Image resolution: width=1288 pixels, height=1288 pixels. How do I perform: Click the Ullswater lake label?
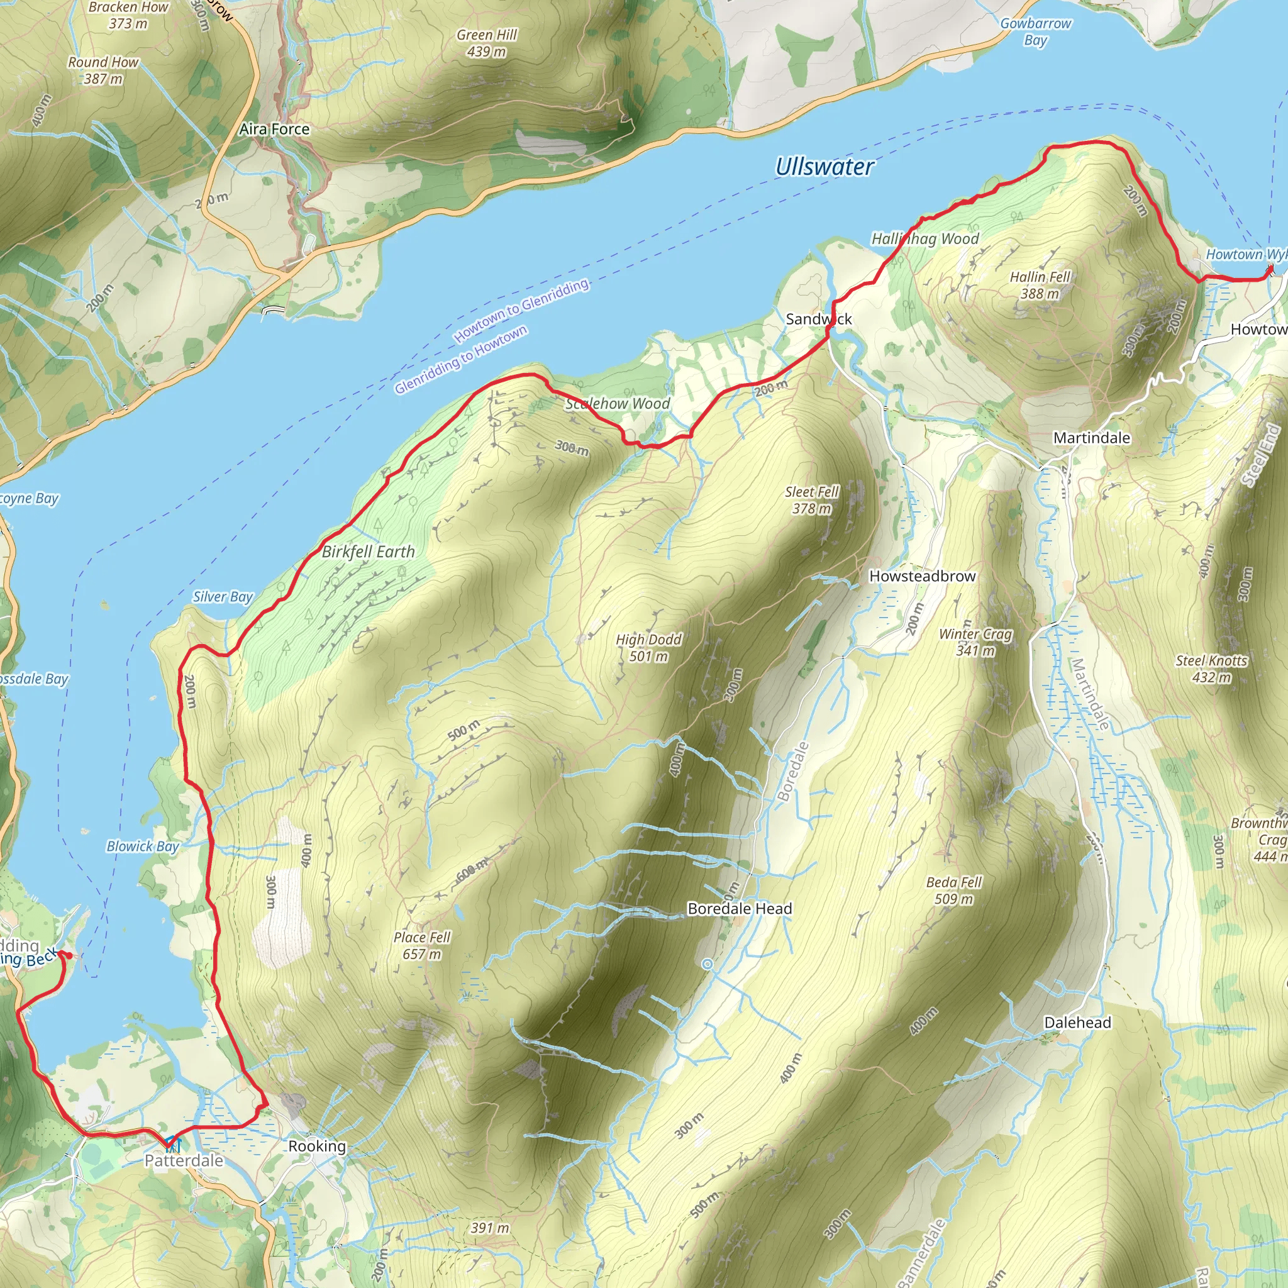click(x=824, y=167)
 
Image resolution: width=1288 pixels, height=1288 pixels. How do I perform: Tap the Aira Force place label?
click(x=274, y=130)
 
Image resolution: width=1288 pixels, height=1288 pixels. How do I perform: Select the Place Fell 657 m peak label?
click(x=421, y=945)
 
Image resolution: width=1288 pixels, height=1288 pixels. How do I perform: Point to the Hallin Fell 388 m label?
click(x=1040, y=285)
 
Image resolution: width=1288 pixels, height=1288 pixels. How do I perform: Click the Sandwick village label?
click(x=818, y=319)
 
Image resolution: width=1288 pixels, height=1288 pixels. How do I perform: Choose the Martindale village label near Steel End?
click(x=1091, y=438)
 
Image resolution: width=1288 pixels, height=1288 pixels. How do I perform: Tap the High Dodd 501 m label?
click(x=648, y=647)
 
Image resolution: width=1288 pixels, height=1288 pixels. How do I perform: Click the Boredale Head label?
click(x=740, y=909)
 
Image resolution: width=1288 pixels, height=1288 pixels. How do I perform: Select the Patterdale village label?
click(x=184, y=1161)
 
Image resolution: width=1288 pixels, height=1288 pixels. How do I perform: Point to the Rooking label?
click(x=317, y=1146)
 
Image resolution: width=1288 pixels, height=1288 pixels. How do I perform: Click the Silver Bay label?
click(x=223, y=597)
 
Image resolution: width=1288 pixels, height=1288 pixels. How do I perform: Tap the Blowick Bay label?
click(x=143, y=846)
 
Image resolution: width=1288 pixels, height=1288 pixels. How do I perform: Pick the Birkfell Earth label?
click(x=368, y=552)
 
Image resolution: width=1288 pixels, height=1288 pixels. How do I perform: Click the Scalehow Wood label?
click(x=618, y=403)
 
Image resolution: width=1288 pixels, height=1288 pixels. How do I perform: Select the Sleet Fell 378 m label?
click(x=811, y=500)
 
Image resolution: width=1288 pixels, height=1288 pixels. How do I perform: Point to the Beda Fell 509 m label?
click(x=953, y=890)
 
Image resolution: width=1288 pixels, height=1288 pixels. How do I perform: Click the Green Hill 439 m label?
click(x=486, y=43)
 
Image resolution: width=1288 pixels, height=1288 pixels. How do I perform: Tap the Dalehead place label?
click(x=1077, y=1023)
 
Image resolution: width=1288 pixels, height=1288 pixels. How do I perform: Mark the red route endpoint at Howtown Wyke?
click(x=1270, y=269)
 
